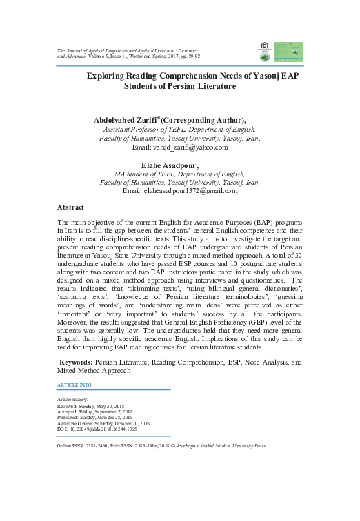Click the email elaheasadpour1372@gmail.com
[x=179, y=191]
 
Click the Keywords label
[x=77, y=360]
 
